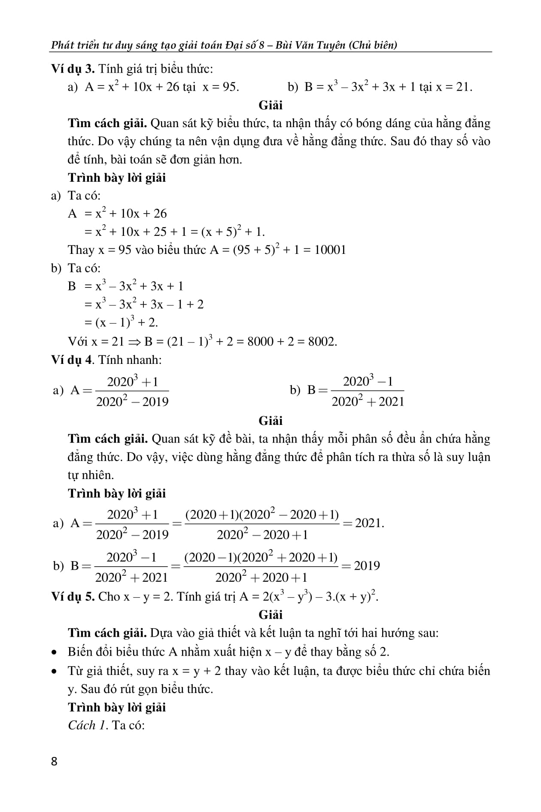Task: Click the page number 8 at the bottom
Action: coord(54,761)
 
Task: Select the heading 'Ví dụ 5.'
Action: coord(73,596)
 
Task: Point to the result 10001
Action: coord(330,250)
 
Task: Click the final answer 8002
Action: coord(322,342)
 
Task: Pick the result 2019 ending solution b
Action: coord(367,565)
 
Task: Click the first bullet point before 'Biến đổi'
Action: coord(54,652)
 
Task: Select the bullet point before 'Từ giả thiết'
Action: coord(54,671)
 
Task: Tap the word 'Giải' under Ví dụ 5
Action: coord(270,615)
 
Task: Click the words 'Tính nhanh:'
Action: coord(130,360)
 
